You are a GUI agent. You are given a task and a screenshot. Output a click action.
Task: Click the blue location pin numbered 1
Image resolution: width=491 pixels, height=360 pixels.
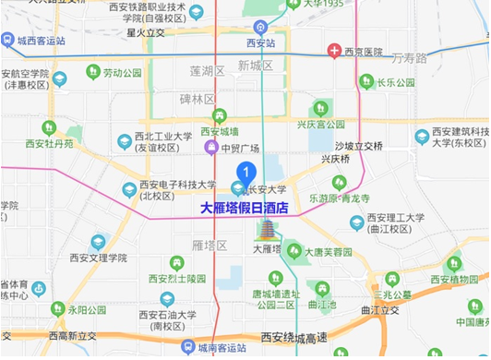[x=246, y=171]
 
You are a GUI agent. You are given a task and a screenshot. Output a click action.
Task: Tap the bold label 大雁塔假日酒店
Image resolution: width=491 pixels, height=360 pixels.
[x=245, y=209]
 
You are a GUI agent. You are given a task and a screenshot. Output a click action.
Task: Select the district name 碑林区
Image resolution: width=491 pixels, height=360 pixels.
[x=196, y=98]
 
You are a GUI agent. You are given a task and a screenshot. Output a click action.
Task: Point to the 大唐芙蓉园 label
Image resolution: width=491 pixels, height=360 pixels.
[x=329, y=251]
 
